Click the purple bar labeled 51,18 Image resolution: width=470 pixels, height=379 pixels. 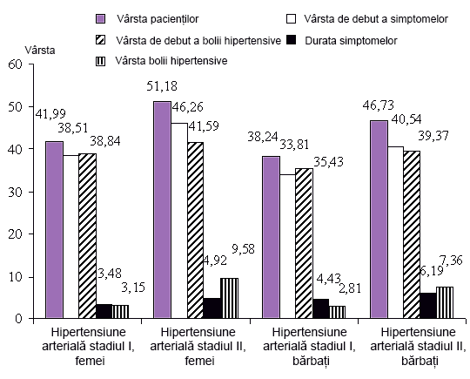[163, 210]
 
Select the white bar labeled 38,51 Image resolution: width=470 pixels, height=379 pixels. [71, 237]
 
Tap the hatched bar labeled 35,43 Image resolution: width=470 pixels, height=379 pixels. [305, 243]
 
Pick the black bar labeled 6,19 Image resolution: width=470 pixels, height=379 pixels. [428, 306]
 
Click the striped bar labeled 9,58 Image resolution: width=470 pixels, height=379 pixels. [229, 298]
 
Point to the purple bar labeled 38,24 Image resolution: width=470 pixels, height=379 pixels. [272, 237]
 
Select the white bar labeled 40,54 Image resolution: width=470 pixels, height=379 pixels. [395, 233]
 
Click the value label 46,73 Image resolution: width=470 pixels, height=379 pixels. [378, 105]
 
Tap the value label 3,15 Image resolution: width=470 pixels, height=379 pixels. [133, 288]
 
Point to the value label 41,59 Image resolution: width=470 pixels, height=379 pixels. [203, 125]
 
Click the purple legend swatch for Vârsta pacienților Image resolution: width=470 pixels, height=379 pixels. [100, 19]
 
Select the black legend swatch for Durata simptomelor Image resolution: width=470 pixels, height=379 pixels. [291, 39]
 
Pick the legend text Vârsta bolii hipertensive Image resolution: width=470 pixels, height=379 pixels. [171, 61]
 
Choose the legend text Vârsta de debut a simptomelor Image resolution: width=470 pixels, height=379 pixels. [376, 19]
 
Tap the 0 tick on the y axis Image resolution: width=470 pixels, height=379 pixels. [18, 318]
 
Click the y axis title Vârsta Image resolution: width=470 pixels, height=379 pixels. [40, 51]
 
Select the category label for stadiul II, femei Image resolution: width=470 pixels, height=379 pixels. [198, 346]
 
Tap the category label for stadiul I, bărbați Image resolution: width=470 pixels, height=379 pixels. [309, 346]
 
